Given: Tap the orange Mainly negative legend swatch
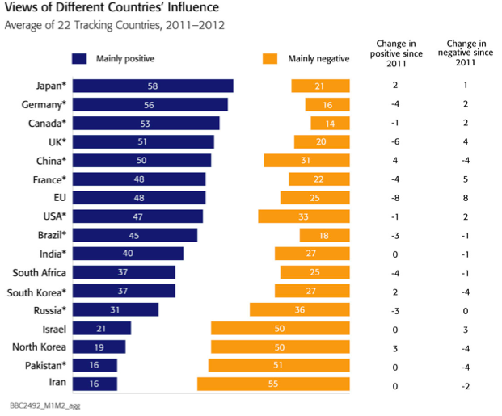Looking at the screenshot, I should pyautogui.click(x=270, y=58).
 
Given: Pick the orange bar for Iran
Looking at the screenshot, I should pyautogui.click(x=273, y=384).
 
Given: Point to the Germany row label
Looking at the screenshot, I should pyautogui.click(x=43, y=104).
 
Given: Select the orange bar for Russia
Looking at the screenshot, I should pyautogui.click(x=299, y=309).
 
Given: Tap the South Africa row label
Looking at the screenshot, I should pyautogui.click(x=36, y=272).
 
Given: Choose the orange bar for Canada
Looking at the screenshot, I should pyautogui.click(x=330, y=123).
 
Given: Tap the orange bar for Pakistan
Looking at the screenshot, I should pyautogui.click(x=279, y=365).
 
